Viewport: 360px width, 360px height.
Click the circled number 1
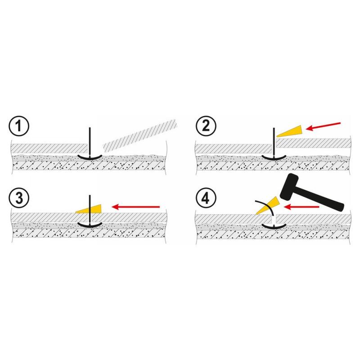[x=19, y=126]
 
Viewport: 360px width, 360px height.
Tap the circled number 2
[x=206, y=126]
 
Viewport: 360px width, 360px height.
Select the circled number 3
[x=19, y=198]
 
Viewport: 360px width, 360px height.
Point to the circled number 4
[x=206, y=198]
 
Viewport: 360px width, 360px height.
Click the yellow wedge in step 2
[x=290, y=131]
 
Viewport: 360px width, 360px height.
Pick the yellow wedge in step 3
[x=89, y=209]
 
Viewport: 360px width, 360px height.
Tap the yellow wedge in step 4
[x=267, y=206]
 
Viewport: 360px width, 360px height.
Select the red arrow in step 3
[x=136, y=207]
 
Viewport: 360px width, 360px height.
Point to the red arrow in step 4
[x=301, y=207]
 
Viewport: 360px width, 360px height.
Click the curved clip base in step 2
[x=274, y=157]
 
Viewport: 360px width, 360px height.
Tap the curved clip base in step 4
[x=274, y=226]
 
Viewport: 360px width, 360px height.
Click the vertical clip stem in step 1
[x=90, y=142]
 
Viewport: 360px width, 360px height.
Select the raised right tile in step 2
[x=313, y=143]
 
